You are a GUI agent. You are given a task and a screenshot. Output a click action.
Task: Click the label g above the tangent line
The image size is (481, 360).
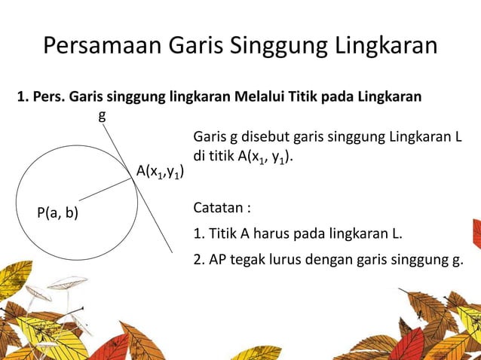tap(102, 116)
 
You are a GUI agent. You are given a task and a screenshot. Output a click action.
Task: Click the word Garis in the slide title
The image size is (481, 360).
tap(191, 46)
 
